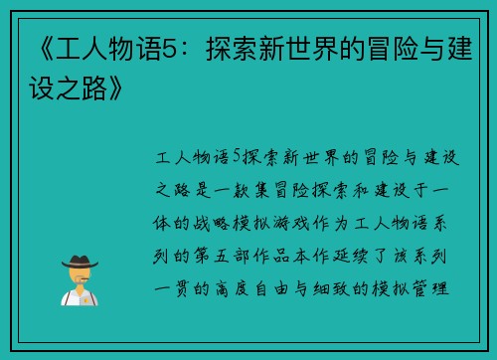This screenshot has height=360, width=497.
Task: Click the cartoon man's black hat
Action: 79,261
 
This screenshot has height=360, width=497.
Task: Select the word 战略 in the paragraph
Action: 225,222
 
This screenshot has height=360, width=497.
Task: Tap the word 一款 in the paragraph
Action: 236,189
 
